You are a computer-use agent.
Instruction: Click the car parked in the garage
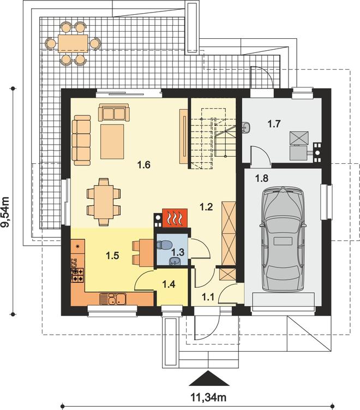283,239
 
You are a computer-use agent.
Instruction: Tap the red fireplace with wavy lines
175,218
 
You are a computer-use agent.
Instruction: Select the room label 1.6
144,165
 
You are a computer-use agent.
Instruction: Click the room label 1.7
274,123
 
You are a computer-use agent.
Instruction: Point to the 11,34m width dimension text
208,397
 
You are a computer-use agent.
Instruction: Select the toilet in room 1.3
164,245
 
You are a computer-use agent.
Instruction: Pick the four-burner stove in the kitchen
78,275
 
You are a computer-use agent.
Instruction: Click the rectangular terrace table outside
73,44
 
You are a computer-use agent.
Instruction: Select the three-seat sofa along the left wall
81,140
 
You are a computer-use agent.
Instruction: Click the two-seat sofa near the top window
114,112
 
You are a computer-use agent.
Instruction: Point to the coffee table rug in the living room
112,141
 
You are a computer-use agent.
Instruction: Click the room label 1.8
262,179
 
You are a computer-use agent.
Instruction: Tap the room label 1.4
169,284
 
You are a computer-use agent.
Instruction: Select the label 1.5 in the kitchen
112,255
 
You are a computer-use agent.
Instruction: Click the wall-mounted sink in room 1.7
247,127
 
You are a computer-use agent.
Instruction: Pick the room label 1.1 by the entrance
208,297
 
